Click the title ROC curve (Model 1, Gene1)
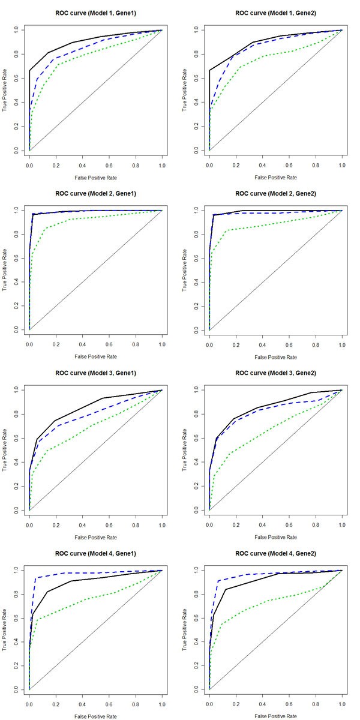pos(95,13)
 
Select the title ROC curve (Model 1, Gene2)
pos(275,13)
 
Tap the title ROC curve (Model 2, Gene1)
pos(95,193)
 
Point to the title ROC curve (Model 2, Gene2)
pos(275,193)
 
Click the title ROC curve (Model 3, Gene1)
pos(95,373)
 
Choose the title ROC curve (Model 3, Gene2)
pos(275,373)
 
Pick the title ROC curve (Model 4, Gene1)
pos(95,553)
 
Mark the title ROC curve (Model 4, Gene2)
pos(275,553)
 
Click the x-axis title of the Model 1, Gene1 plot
pos(95,177)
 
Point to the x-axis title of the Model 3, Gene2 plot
pos(275,537)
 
